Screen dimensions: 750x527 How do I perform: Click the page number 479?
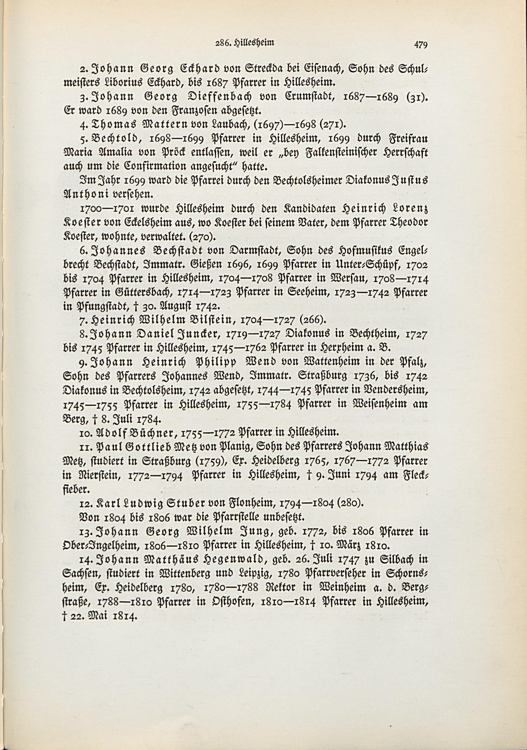pos(421,45)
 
